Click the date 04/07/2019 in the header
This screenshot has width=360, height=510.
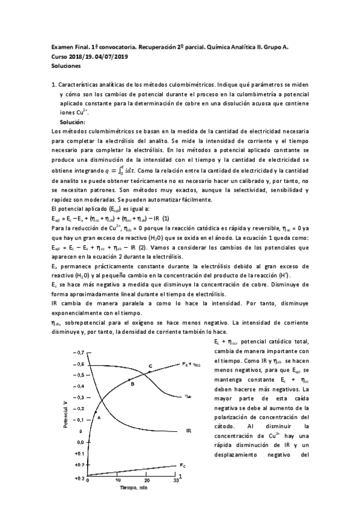tap(112, 57)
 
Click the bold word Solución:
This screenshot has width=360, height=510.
tap(73, 122)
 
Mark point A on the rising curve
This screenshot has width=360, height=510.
tap(98, 416)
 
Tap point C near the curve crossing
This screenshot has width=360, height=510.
tap(150, 366)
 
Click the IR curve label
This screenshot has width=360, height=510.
tap(188, 431)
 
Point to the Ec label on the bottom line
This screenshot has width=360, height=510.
tap(182, 465)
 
